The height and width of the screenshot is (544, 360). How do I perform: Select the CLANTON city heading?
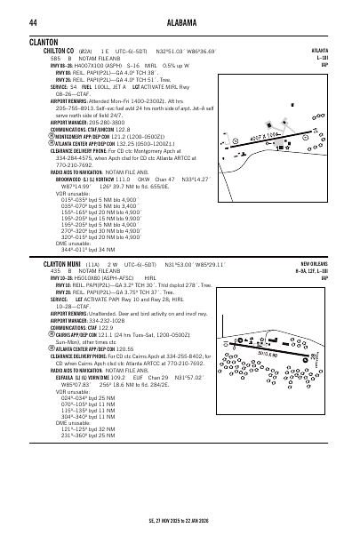(x=44, y=42)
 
